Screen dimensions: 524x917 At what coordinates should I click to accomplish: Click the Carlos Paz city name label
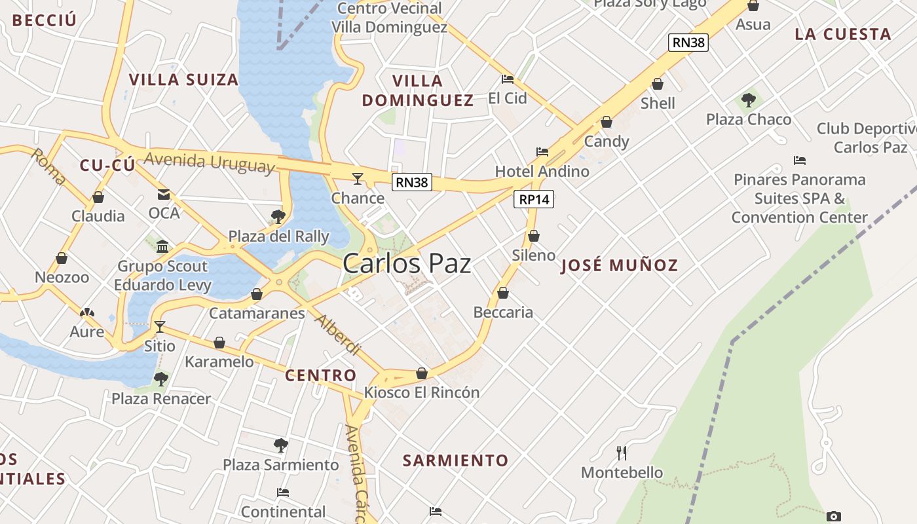click(x=407, y=263)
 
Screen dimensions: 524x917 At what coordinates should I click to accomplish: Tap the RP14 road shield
click(x=534, y=200)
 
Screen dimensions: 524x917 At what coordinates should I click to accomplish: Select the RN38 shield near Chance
click(x=412, y=182)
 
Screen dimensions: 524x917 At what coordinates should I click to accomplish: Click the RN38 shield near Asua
click(x=688, y=43)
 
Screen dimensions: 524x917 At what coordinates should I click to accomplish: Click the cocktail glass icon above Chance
click(x=357, y=178)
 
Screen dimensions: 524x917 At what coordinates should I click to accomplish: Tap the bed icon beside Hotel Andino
click(x=542, y=152)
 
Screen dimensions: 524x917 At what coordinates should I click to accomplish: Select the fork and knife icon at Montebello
click(x=622, y=453)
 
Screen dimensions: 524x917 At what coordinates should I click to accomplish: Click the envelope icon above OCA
click(x=163, y=195)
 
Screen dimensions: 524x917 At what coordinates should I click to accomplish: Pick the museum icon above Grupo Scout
click(x=162, y=246)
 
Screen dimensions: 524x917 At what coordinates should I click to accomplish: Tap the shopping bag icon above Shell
click(x=658, y=84)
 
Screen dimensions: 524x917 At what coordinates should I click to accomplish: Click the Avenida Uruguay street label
click(x=209, y=162)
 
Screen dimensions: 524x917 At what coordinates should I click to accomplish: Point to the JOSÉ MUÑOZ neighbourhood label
click(x=619, y=265)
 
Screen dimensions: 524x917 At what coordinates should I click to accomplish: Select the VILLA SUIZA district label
click(x=183, y=80)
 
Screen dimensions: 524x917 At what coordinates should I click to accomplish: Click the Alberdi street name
click(x=338, y=335)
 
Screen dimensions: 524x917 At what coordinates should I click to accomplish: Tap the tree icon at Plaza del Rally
click(x=278, y=216)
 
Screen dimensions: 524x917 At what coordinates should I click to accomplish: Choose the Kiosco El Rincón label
click(x=422, y=392)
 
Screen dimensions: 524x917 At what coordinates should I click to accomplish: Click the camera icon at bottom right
click(x=833, y=516)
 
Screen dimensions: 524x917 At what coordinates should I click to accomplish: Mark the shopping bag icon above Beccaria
click(x=503, y=293)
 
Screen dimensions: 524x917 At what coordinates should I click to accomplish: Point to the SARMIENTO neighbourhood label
click(x=455, y=460)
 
